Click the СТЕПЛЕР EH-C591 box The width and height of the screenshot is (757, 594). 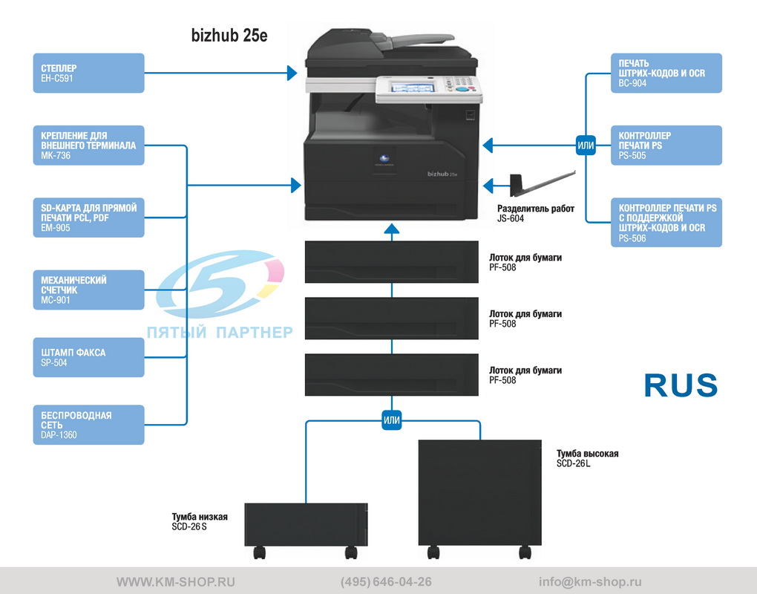tap(88, 73)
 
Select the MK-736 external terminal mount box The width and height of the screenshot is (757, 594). tap(88, 146)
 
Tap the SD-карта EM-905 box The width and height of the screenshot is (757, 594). tap(88, 218)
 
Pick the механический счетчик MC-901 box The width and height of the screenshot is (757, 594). tap(88, 290)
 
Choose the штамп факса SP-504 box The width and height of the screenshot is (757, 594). tap(88, 357)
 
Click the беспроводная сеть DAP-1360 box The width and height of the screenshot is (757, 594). tap(88, 425)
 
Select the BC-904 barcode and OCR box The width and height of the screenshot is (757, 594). tap(666, 73)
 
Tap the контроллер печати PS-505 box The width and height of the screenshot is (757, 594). tap(666, 146)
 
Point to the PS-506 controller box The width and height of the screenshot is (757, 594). tap(666, 222)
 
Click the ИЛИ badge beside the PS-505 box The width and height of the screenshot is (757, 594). tap(586, 146)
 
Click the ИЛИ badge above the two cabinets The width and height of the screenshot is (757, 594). tap(392, 420)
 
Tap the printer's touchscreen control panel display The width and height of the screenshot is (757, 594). tap(413, 88)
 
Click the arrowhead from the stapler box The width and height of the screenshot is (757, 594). tap(292, 73)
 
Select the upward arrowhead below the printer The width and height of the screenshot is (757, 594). tap(392, 229)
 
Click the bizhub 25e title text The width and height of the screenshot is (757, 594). tap(229, 35)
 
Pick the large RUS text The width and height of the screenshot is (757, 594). tap(681, 385)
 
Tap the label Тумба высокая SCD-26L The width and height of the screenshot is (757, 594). tap(587, 458)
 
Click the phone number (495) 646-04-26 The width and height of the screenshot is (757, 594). tap(386, 582)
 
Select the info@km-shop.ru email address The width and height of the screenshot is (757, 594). tap(590, 582)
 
